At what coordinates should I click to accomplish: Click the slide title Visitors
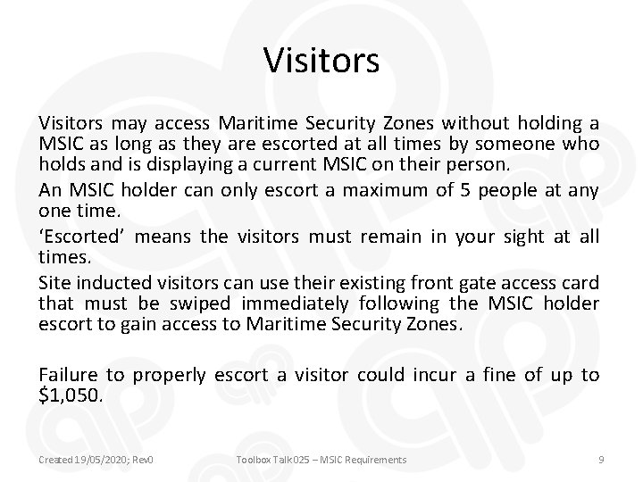321,62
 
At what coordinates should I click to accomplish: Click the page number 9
601,459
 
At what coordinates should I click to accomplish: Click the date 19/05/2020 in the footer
97,459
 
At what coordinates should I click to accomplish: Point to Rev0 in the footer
143,459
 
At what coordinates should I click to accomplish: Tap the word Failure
68,375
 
